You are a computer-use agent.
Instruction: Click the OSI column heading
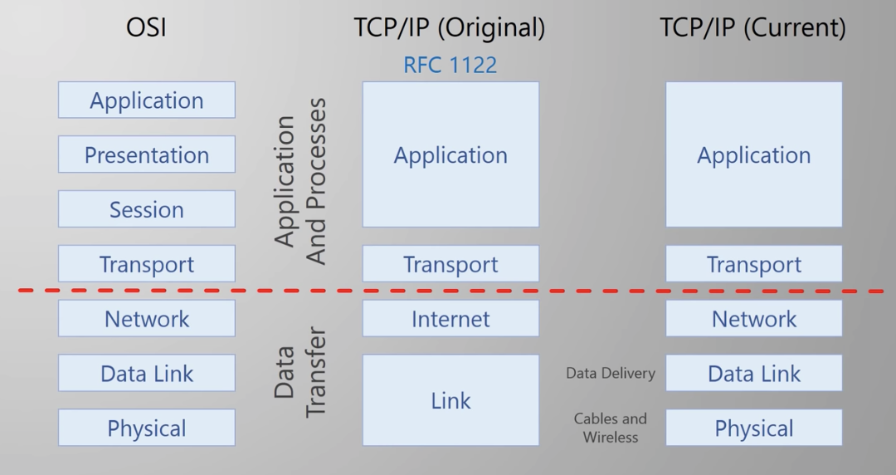[146, 27]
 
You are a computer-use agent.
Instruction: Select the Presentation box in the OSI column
[147, 154]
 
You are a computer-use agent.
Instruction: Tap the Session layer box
[147, 209]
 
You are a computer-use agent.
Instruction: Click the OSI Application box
[147, 100]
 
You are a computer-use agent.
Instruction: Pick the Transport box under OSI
[147, 264]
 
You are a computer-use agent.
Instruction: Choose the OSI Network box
[147, 319]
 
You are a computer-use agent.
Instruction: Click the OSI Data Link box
[147, 374]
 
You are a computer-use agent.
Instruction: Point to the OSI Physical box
[147, 428]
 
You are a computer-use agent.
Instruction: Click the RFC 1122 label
[450, 65]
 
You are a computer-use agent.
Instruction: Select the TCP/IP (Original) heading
[450, 27]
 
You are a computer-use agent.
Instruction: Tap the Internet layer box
[450, 319]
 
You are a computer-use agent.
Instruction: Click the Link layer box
[450, 400]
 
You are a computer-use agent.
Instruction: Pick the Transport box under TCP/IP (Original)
[450, 264]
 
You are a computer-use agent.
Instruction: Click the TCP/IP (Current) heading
[752, 27]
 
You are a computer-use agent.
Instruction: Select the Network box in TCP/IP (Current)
[754, 319]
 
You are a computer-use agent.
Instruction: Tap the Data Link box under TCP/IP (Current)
[754, 374]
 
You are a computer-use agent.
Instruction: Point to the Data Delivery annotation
[611, 374]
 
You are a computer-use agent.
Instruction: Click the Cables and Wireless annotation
[611, 428]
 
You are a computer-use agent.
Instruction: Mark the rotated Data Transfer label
[300, 372]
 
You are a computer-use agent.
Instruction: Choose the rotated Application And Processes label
[300, 181]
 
